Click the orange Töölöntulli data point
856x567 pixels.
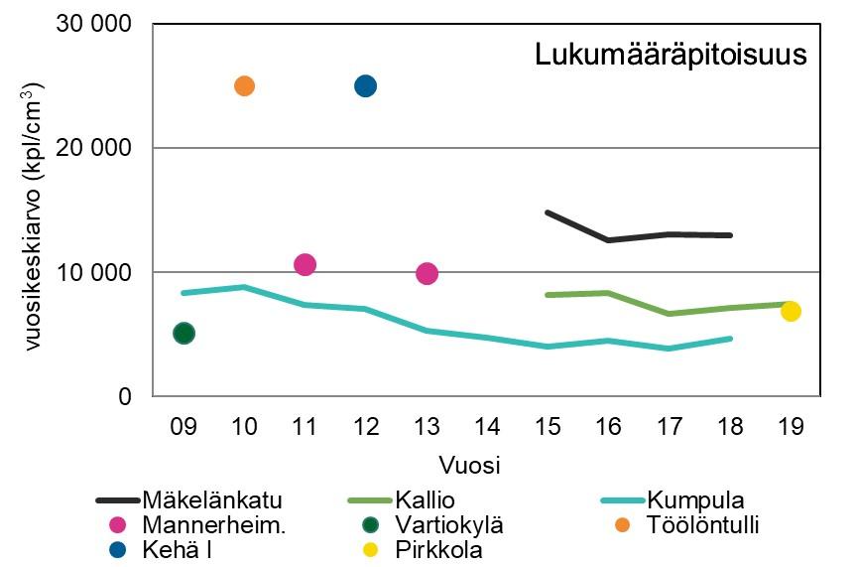244,85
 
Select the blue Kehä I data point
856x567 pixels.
365,85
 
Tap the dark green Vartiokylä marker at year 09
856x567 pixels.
183,333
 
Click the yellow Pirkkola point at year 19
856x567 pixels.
791,311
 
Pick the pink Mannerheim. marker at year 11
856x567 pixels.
305,264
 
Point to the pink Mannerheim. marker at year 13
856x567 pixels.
427,273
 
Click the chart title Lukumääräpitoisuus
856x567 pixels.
671,55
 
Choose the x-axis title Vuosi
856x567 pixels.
470,465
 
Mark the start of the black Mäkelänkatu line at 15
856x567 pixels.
548,212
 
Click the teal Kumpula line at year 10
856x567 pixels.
244,287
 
